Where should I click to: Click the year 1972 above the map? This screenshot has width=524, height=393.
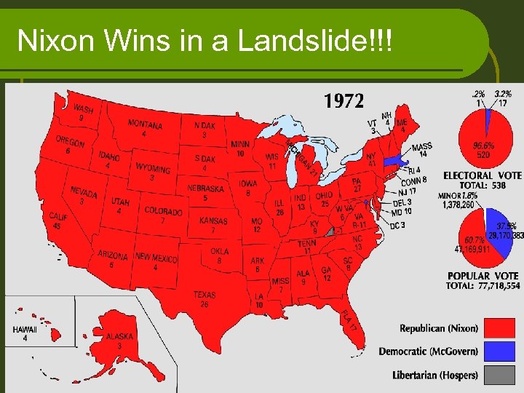(344, 101)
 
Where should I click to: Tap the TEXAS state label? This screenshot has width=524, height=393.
(205, 295)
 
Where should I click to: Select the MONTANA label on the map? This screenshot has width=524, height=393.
(145, 124)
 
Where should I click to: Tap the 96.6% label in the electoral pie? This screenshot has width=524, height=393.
(483, 146)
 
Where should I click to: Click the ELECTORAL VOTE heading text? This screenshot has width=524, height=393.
(483, 175)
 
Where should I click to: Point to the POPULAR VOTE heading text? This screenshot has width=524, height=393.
(483, 276)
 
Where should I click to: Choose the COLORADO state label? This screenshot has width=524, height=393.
(163, 211)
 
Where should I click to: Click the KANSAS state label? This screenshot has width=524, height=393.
(213, 221)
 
